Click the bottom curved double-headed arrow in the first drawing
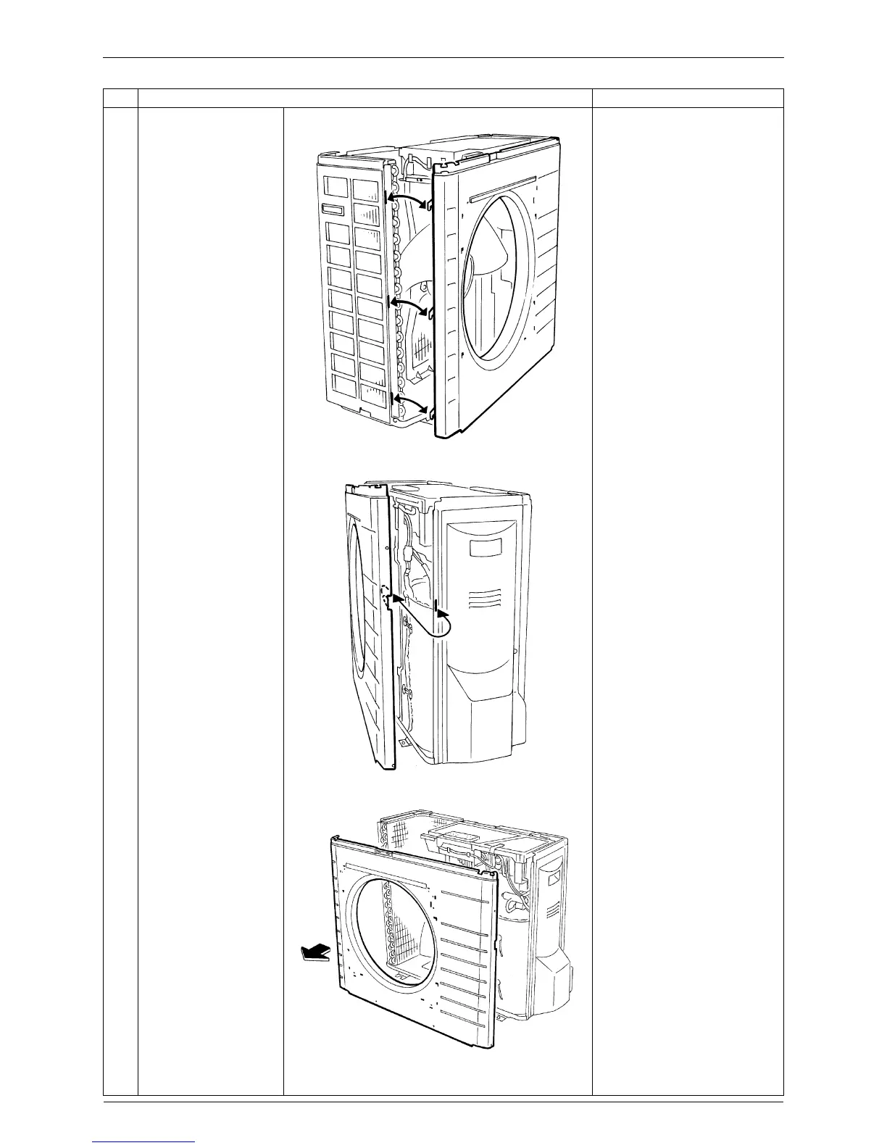[407, 402]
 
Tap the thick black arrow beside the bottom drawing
[312, 954]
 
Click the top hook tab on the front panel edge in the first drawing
[431, 207]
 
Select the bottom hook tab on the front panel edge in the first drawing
[431, 412]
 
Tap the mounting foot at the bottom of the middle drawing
[402, 742]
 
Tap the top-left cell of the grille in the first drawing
[336, 186]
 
